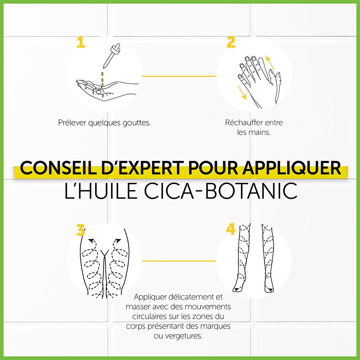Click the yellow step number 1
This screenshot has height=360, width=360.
(x=81, y=42)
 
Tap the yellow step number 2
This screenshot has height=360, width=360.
(x=231, y=42)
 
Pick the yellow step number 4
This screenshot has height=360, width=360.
(x=231, y=230)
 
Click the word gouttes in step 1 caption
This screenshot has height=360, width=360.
(x=137, y=123)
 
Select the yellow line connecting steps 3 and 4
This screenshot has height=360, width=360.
(x=179, y=261)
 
